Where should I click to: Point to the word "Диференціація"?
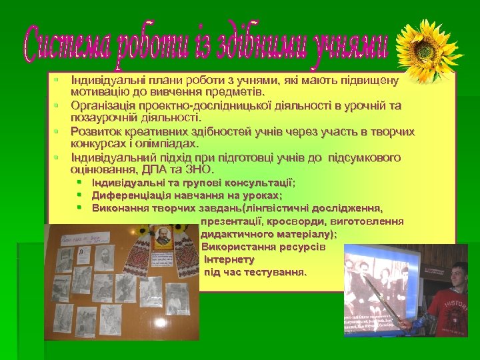coord(131,195)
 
